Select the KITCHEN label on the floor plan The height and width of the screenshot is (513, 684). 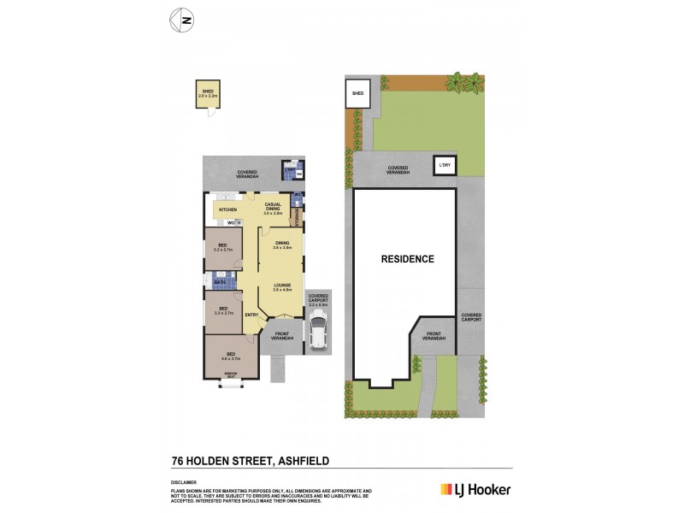point(227,209)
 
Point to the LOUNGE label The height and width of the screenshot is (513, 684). point(282,286)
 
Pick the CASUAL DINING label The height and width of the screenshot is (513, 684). point(273,207)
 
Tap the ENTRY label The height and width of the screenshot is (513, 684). point(251,315)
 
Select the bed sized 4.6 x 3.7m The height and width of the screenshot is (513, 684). point(230,356)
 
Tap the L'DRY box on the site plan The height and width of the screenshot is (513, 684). point(444,165)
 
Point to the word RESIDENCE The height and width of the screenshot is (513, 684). point(408,259)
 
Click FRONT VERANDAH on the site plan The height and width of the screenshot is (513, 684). point(434,336)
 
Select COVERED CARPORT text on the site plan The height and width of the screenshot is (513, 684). point(471,317)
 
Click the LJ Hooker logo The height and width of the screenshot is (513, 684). point(475,489)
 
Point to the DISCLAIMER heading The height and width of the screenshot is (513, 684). point(185,482)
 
